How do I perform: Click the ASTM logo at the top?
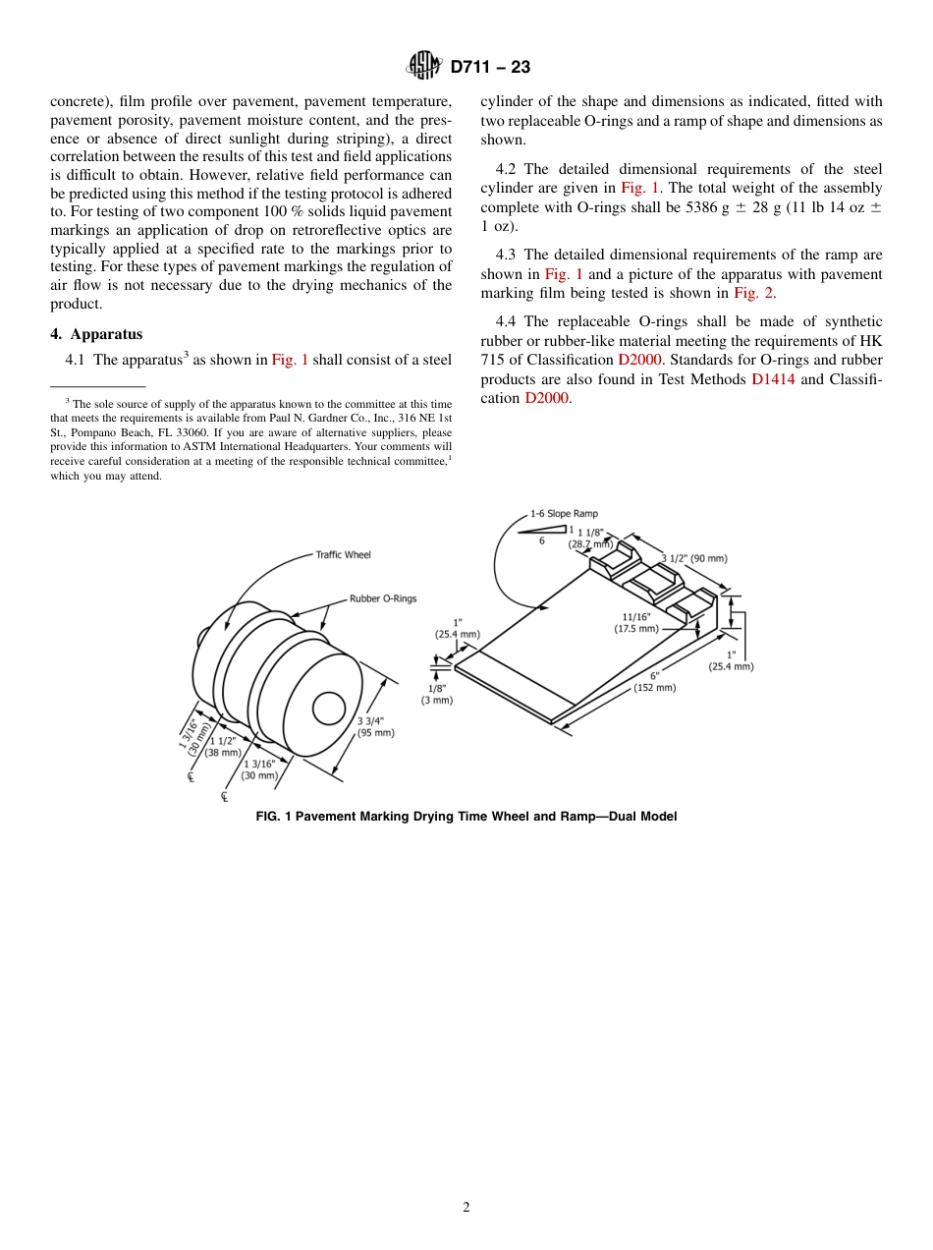424,66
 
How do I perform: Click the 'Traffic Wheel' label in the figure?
343,555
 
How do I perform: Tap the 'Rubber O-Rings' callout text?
383,598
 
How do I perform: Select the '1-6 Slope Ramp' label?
564,513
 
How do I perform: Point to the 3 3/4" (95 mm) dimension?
375,726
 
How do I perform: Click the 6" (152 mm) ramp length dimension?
654,682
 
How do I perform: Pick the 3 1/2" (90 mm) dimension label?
693,558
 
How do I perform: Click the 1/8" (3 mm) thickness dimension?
437,695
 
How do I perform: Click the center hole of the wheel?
328,709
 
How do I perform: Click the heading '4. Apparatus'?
96,334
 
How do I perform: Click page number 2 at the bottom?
466,1208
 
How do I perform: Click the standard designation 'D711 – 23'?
490,67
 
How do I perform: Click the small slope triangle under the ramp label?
546,531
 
